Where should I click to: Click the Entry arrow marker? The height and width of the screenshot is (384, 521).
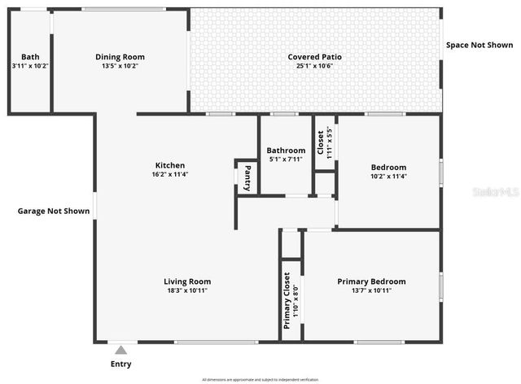pyautogui.click(x=120, y=350)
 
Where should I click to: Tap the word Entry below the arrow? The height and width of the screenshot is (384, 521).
pyautogui.click(x=120, y=364)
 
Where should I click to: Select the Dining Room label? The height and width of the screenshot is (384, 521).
pyautogui.click(x=120, y=57)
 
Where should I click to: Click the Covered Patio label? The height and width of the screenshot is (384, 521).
pyautogui.click(x=314, y=57)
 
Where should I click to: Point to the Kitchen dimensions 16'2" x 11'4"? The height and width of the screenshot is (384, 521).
pyautogui.click(x=170, y=175)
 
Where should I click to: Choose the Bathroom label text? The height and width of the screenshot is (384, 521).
pyautogui.click(x=287, y=151)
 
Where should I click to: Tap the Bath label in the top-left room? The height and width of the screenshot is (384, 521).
pyautogui.click(x=30, y=57)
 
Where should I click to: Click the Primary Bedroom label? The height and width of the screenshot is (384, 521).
pyautogui.click(x=371, y=281)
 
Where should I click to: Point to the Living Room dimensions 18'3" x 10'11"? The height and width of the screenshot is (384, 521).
pyautogui.click(x=187, y=290)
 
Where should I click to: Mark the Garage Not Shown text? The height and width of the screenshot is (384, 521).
pyautogui.click(x=54, y=212)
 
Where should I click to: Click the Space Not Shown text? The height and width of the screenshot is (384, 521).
pyautogui.click(x=479, y=45)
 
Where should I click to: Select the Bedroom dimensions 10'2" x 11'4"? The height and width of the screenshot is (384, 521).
pyautogui.click(x=389, y=176)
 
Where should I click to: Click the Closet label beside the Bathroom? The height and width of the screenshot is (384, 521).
pyautogui.click(x=320, y=141)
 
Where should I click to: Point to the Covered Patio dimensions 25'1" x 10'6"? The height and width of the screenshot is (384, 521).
pyautogui.click(x=314, y=66)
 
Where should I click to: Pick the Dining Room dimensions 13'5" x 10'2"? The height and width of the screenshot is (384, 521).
pyautogui.click(x=120, y=66)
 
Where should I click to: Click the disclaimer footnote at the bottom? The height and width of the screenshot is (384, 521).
pyautogui.click(x=260, y=379)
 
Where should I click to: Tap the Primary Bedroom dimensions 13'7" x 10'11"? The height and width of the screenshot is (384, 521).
pyautogui.click(x=371, y=290)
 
